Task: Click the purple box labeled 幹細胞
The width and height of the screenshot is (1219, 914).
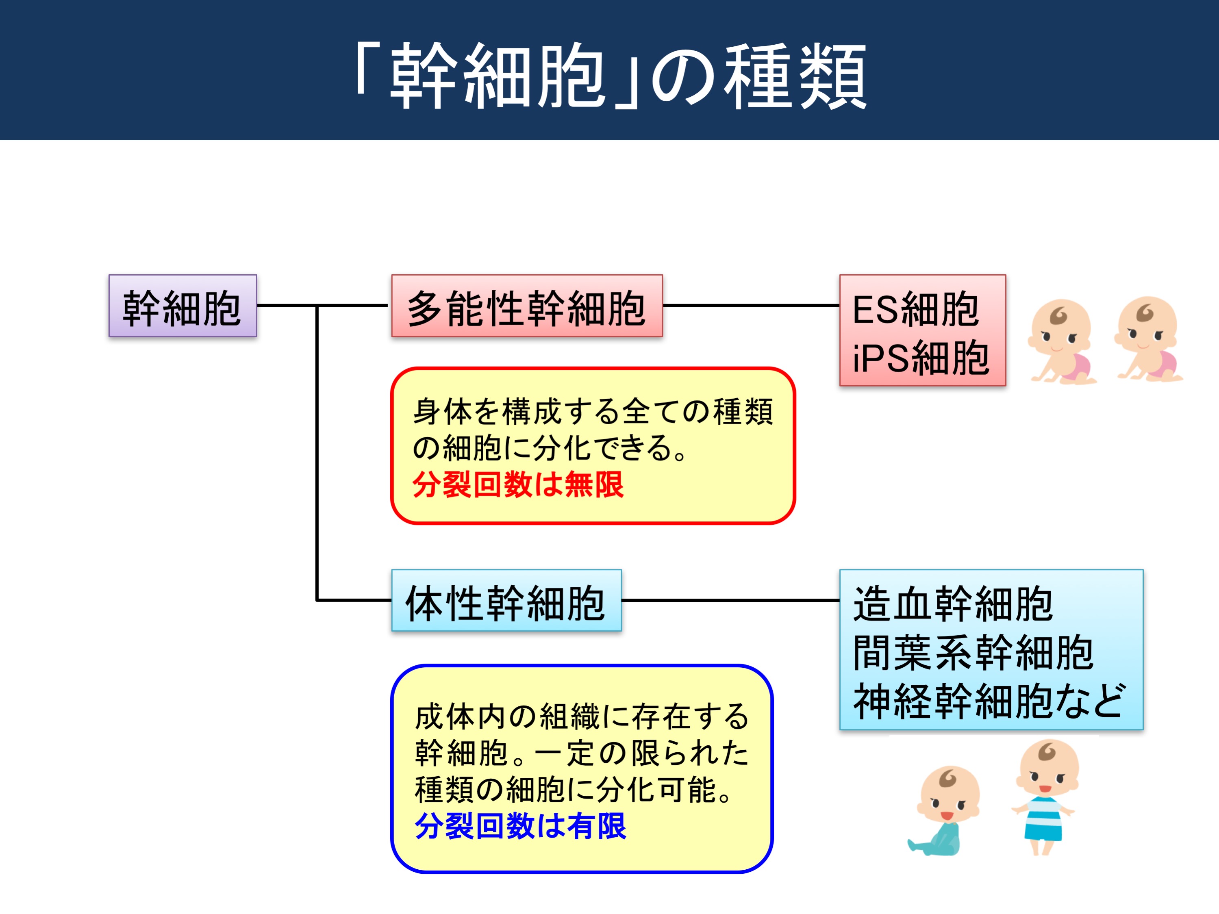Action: (x=183, y=306)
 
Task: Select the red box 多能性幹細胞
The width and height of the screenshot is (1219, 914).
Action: (x=527, y=306)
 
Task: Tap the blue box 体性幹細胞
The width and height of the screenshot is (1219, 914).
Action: (x=506, y=601)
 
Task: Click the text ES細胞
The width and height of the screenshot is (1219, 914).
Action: (x=915, y=310)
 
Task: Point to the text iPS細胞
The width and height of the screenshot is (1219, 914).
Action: (x=920, y=358)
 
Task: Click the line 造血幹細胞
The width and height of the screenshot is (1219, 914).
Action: (x=953, y=604)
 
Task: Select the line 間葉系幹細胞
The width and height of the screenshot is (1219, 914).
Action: (x=973, y=652)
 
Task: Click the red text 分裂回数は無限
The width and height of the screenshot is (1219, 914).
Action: (x=518, y=485)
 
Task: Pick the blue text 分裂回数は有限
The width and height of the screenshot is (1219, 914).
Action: (x=521, y=826)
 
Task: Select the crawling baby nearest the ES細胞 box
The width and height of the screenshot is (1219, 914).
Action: (x=1061, y=341)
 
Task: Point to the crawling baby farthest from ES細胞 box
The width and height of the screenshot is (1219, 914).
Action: (x=1148, y=339)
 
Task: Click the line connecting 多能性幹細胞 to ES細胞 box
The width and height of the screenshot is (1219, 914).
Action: (x=751, y=305)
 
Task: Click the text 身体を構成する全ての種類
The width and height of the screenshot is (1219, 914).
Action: (x=593, y=412)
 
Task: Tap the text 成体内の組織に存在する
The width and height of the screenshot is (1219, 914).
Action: (x=582, y=717)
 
